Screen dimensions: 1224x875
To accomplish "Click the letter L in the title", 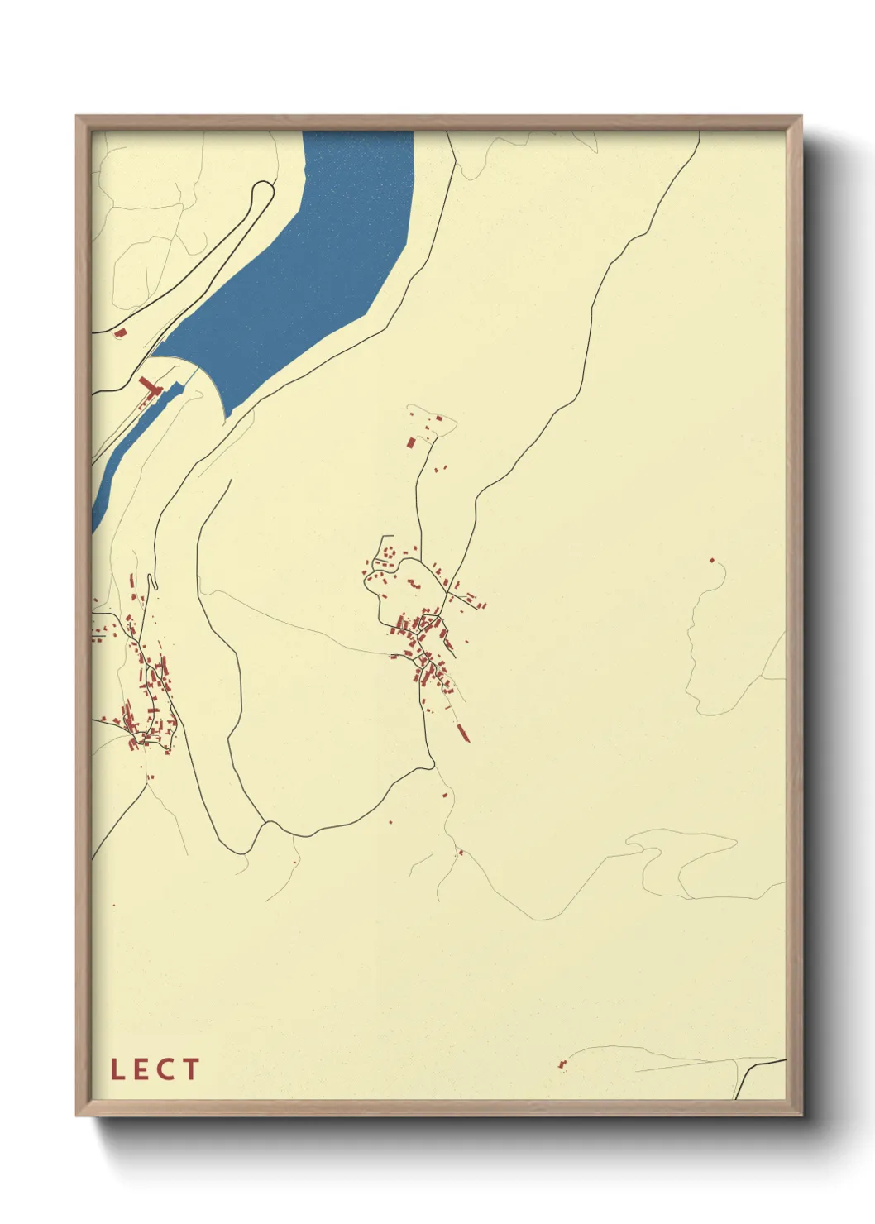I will (117, 1069).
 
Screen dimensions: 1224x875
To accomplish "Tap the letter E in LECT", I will (141, 1069).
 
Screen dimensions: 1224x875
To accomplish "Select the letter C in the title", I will (165, 1069).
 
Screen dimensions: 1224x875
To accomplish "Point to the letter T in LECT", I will (190, 1069).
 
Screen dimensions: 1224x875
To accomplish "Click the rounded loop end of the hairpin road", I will (265, 189).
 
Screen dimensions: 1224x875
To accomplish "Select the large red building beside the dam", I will (149, 386).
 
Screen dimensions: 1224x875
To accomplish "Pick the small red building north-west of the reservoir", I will (119, 333).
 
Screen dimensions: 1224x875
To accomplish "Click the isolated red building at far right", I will (711, 560).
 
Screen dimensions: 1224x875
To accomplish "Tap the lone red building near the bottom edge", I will (562, 1064).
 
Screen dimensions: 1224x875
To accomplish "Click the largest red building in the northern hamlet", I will (410, 442).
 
